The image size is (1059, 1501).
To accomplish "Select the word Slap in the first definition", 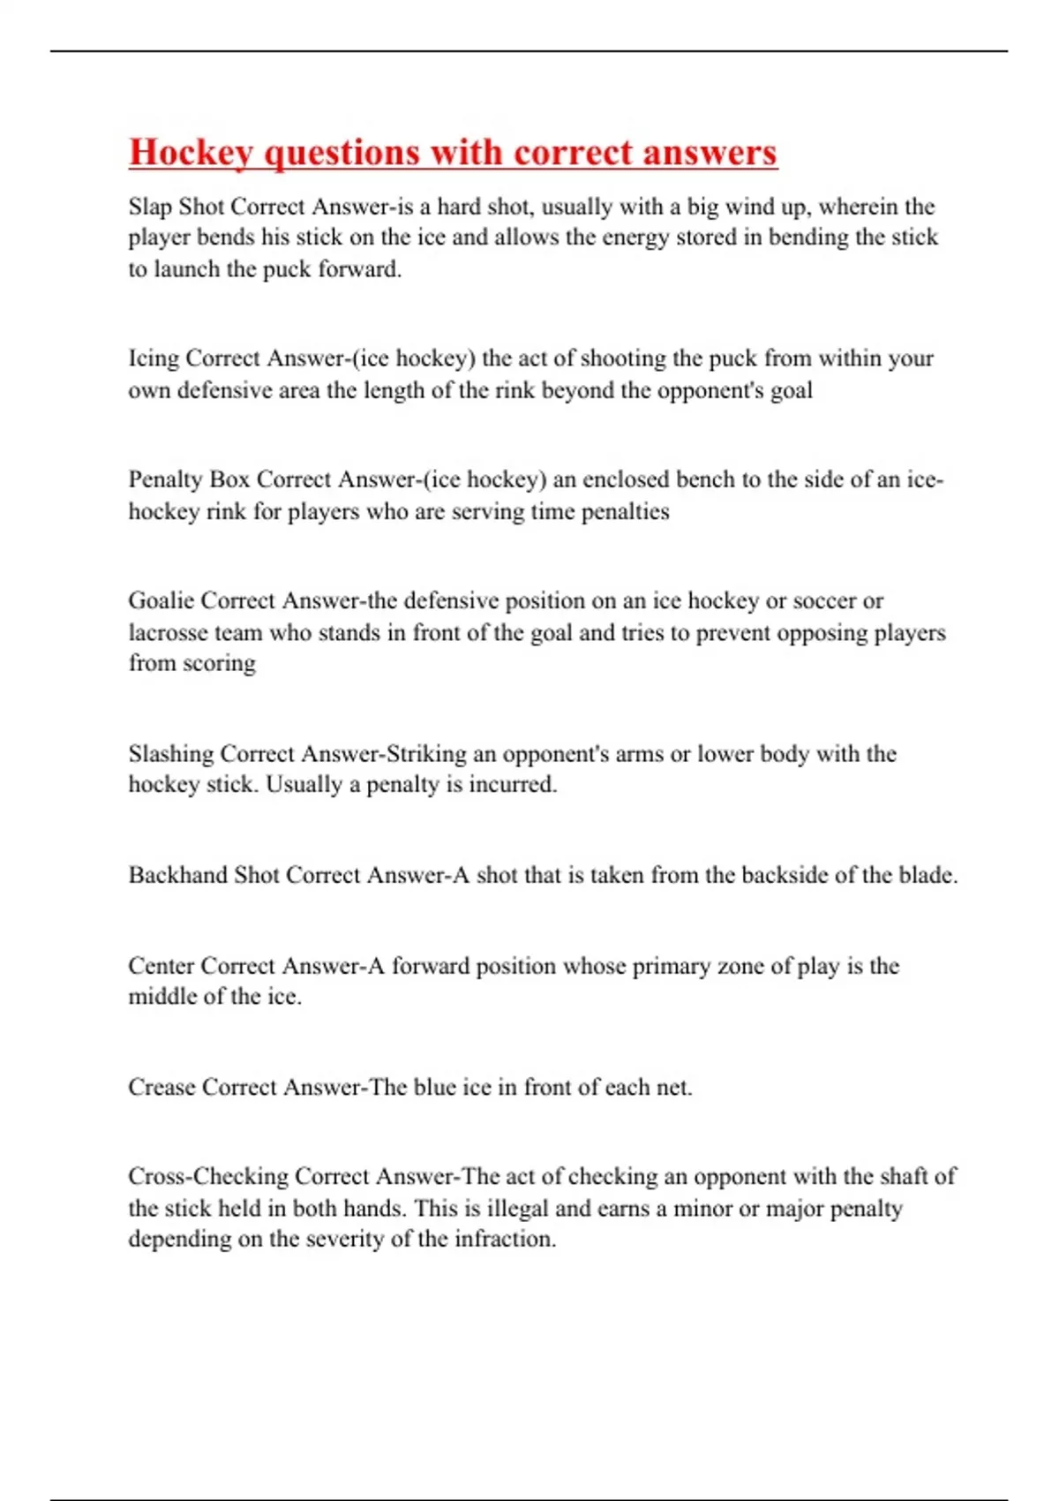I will (x=150, y=207).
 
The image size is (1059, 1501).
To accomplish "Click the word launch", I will (x=186, y=269).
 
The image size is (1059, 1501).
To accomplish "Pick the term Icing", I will (x=154, y=358).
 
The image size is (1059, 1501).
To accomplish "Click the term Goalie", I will (x=161, y=600).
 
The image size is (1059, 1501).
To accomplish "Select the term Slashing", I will (x=171, y=754).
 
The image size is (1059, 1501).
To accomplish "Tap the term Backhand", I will (x=177, y=875).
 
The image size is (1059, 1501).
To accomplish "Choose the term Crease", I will (x=161, y=1087).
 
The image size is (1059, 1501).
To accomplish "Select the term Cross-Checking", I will (x=208, y=1177).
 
